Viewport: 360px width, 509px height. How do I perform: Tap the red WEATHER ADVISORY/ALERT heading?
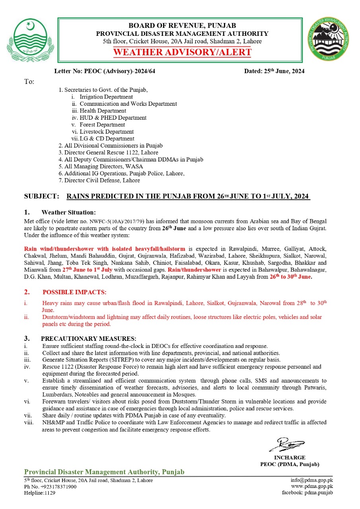coord(182,52)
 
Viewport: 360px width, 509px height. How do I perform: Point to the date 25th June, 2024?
coord(274,72)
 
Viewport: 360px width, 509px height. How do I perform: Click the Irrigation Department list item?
coord(106,97)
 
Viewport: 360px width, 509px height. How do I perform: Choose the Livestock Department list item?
coord(107,132)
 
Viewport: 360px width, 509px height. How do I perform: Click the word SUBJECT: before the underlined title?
coord(42,196)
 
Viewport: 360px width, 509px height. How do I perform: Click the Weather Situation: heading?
coord(68,212)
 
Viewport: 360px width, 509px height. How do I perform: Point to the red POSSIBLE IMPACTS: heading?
coord(74,292)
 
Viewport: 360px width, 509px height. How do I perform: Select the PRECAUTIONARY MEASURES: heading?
coord(88,339)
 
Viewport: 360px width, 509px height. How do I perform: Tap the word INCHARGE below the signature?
coord(290,458)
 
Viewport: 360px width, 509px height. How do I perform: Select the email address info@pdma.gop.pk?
coord(311,480)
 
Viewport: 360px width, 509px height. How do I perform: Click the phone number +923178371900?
coord(56,487)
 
